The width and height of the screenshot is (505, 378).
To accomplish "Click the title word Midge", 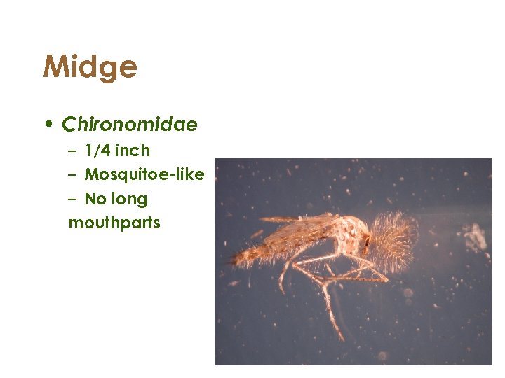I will (90, 67).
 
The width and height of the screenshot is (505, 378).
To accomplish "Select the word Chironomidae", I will (130, 125).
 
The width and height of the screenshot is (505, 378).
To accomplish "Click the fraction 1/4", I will (97, 150).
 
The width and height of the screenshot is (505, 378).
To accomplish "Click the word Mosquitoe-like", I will (144, 174).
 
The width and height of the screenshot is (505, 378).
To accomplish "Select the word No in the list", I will (94, 199).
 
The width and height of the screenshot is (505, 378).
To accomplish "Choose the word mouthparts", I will (114, 223).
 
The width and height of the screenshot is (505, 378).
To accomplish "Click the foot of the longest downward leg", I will (342, 339).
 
